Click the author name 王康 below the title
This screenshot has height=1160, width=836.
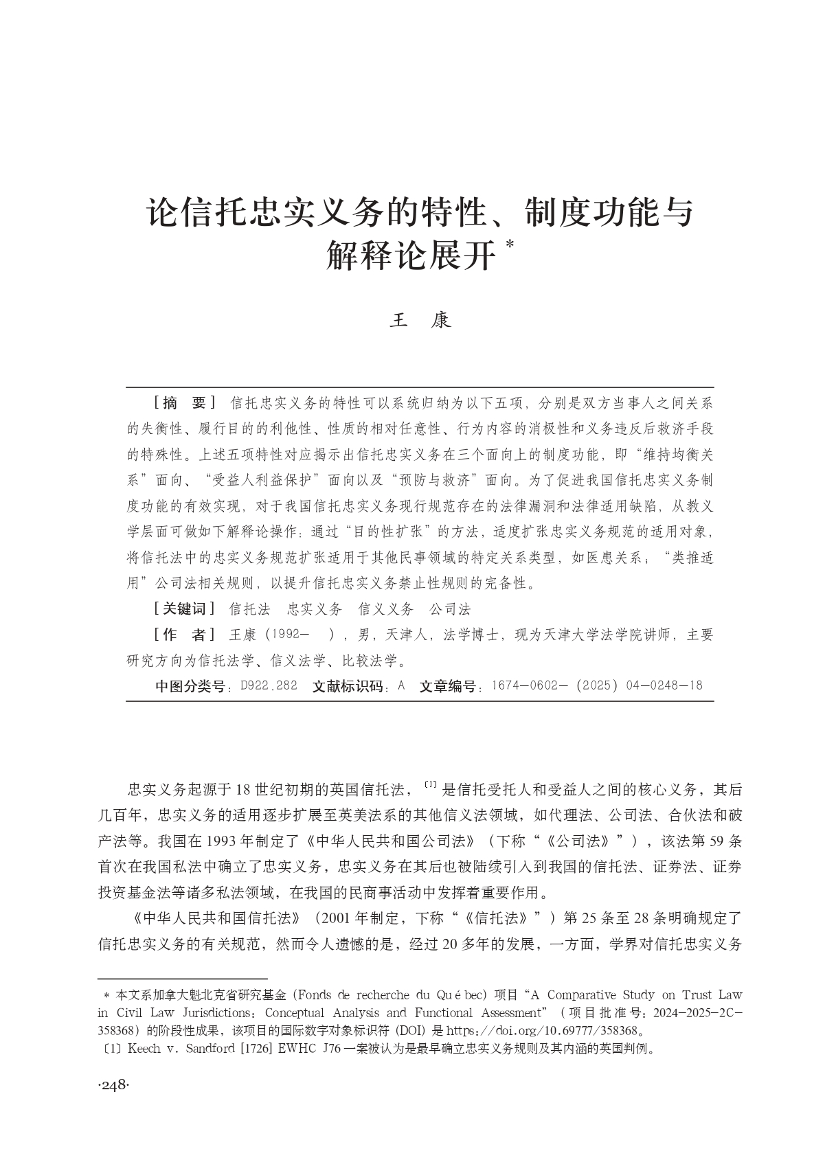pos(420,321)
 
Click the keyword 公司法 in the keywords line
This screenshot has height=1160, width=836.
pos(449,609)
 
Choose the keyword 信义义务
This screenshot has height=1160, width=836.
pos(387,609)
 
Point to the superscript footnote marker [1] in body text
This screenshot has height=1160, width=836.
pos(431,784)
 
